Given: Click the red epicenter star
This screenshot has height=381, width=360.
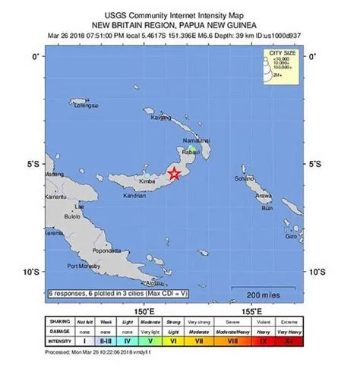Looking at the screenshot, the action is (174, 174).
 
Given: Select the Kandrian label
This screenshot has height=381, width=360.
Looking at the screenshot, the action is (134, 195).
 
